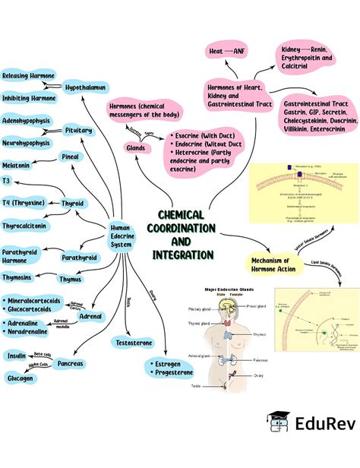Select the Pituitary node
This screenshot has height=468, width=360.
click(78, 131)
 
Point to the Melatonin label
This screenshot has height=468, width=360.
click(16, 165)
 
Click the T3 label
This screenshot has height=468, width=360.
click(6, 182)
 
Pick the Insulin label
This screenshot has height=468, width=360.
click(17, 355)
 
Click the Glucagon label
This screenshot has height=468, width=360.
click(20, 378)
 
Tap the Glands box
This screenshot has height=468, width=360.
click(136, 147)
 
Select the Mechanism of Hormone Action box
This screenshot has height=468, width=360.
click(272, 264)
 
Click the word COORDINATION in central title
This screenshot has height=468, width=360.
click(182, 229)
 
